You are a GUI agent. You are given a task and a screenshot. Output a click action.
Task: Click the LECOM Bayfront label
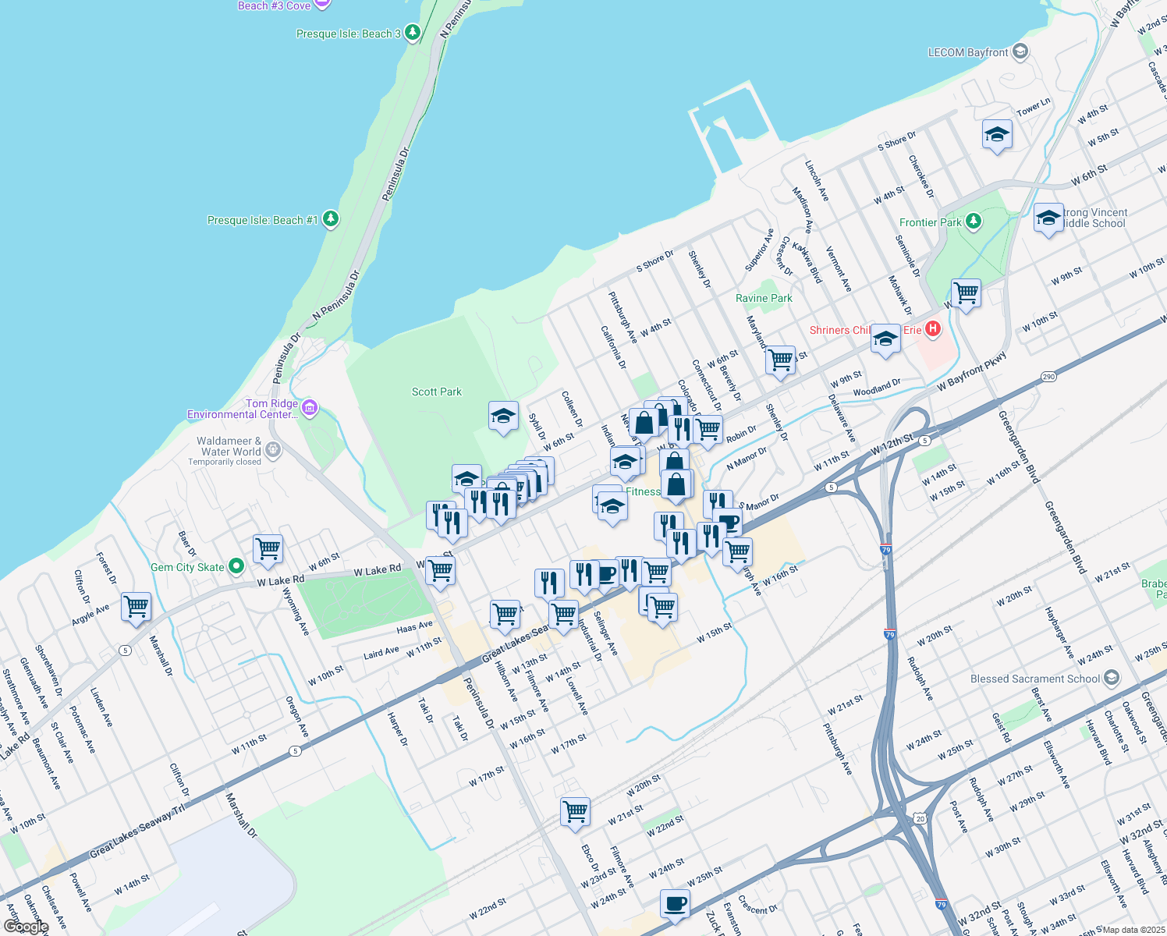click(x=968, y=52)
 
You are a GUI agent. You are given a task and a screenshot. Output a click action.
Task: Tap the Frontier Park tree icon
click(x=974, y=222)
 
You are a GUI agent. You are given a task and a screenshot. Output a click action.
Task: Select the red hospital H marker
click(x=933, y=329)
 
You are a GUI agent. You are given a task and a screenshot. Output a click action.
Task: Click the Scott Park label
click(x=437, y=392)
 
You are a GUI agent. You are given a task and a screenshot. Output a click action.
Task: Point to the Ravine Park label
click(x=764, y=298)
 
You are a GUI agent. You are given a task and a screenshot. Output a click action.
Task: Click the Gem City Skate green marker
click(x=237, y=566)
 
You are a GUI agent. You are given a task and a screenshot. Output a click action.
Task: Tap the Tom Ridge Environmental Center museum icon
click(x=310, y=407)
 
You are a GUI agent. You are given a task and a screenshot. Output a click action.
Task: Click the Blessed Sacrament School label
click(x=1035, y=679)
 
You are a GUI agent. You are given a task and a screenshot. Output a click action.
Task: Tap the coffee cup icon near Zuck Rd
click(x=675, y=903)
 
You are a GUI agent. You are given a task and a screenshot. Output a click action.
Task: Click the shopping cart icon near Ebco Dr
click(x=575, y=811)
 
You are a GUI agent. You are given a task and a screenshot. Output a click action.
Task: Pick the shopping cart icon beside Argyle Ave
click(x=137, y=606)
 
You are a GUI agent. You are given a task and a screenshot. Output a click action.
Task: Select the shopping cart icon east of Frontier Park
click(x=966, y=294)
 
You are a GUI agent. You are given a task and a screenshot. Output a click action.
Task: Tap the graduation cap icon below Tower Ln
click(x=997, y=135)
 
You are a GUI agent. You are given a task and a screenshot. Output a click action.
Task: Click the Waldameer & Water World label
click(x=229, y=446)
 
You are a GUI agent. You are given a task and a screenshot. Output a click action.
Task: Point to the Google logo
click(x=26, y=926)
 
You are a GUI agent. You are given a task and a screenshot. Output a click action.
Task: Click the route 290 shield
click(x=1048, y=377)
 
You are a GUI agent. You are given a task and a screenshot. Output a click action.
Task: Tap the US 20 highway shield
click(x=920, y=818)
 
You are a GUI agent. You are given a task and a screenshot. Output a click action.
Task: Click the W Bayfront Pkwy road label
click(x=972, y=372)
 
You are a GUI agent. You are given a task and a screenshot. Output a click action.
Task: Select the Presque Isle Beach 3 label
click(x=348, y=34)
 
